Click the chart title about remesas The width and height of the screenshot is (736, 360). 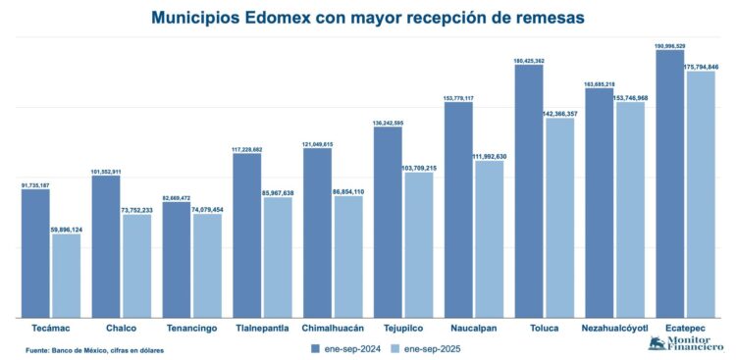pos(368,17)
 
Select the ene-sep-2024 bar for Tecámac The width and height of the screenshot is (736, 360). pos(35,253)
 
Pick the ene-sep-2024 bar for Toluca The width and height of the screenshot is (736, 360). pos(529,191)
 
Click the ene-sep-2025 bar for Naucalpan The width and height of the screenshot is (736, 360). pos(489,239)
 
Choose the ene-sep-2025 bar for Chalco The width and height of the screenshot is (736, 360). pos(136,266)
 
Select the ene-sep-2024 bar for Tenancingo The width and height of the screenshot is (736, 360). pos(177,260)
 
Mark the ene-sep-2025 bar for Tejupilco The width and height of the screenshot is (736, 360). pos(418,245)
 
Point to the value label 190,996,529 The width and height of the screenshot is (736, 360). pos(669,45)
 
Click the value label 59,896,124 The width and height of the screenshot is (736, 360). pos(66,230)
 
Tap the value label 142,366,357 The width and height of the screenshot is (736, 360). pos(559,114)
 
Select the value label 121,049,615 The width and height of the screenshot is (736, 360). pos(317,144)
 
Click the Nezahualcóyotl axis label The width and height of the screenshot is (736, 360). pos(614,328)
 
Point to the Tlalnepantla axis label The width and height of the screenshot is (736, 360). pos(262,328)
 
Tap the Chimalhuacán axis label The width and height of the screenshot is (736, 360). pos(333,328)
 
